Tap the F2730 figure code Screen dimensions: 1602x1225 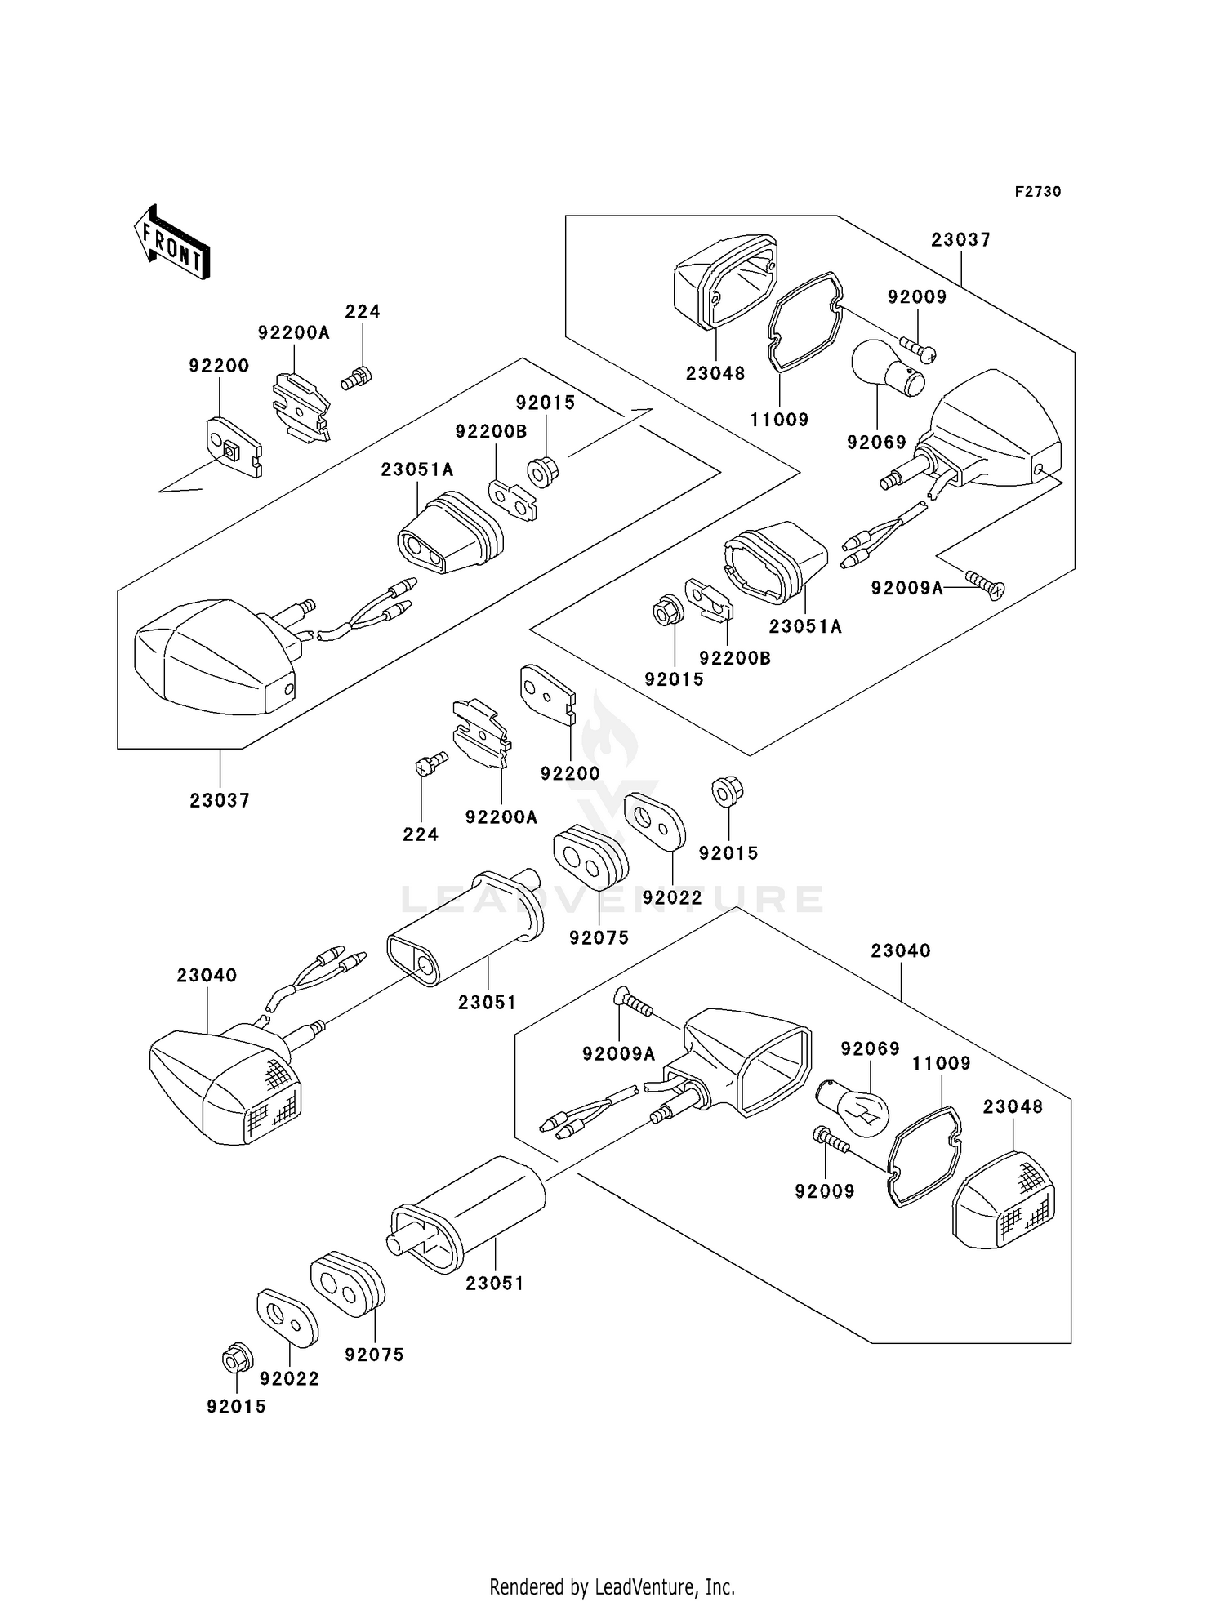point(1037,192)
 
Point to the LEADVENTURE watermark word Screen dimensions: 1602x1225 point(612,900)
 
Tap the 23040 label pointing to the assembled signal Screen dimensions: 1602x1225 point(207,976)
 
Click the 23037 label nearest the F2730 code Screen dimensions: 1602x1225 point(960,240)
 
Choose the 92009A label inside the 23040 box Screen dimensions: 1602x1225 point(618,1054)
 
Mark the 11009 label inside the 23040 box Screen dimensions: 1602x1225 point(941,1063)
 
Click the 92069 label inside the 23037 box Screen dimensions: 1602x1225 point(876,443)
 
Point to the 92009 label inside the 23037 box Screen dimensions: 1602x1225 point(917,297)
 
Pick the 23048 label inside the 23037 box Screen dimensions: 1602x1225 point(715,374)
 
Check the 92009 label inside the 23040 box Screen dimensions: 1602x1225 point(825,1191)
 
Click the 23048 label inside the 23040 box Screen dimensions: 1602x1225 point(1013,1107)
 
